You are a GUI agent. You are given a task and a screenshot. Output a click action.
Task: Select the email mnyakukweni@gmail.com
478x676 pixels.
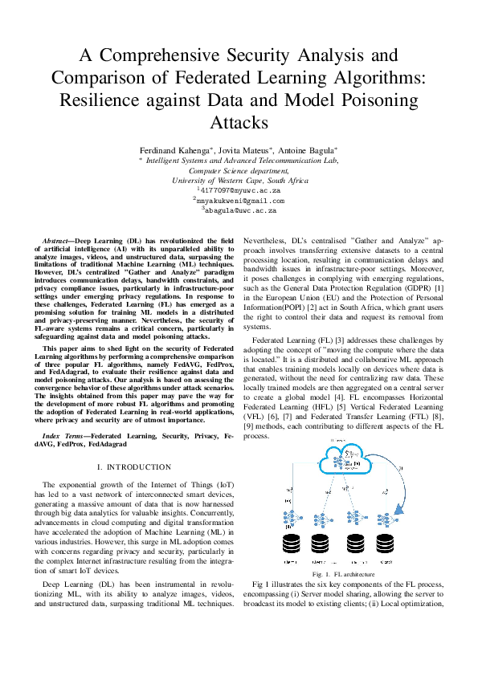[x=241, y=200]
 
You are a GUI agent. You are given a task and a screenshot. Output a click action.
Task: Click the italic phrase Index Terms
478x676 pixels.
[x=61, y=434]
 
